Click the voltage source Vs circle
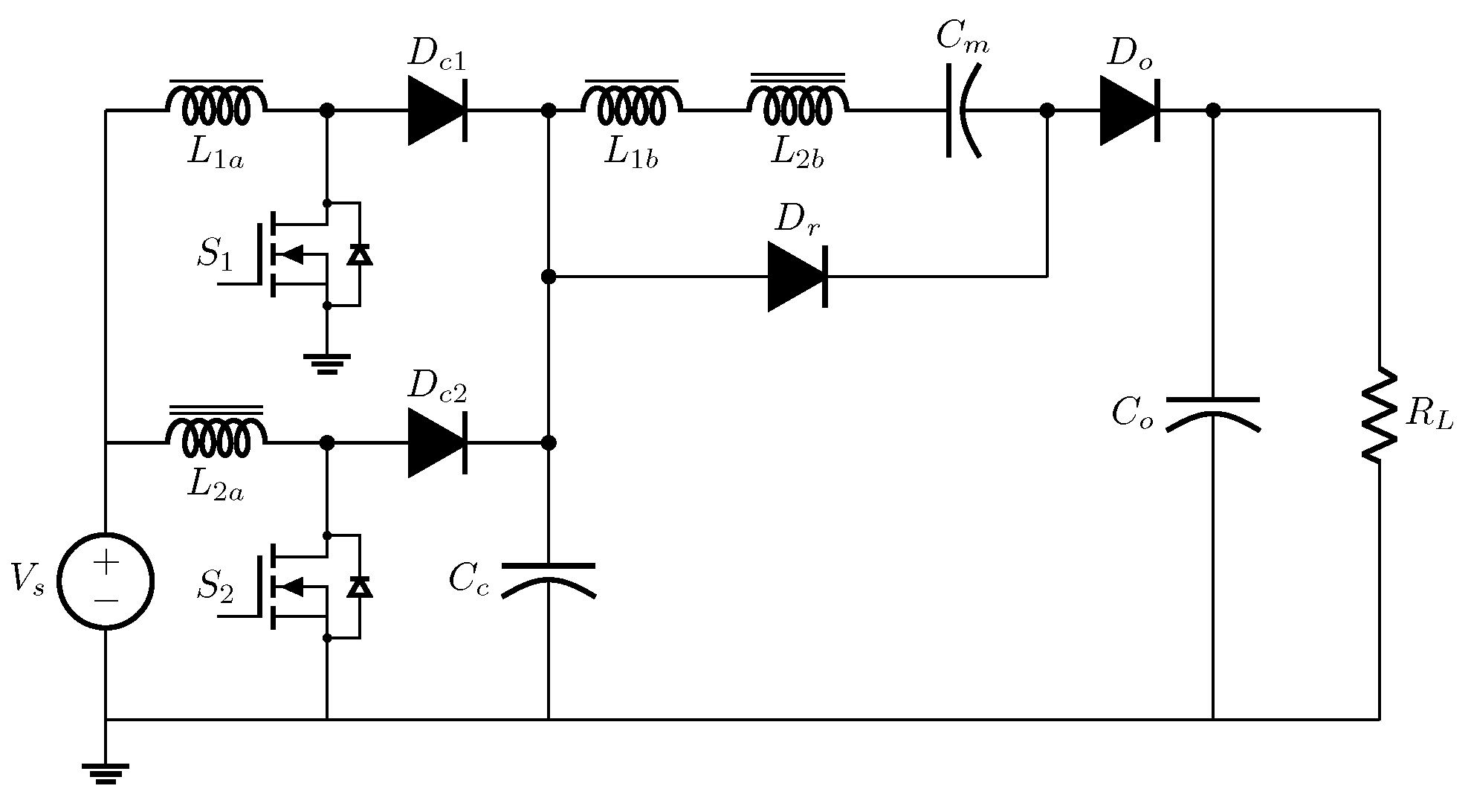click(106, 581)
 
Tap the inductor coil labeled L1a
click(216, 104)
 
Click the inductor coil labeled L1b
click(631, 104)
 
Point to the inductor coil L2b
click(798, 104)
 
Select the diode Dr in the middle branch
click(798, 277)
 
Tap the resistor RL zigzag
click(1380, 414)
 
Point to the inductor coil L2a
click(216, 437)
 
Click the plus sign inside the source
click(106, 563)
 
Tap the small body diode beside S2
click(361, 587)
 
